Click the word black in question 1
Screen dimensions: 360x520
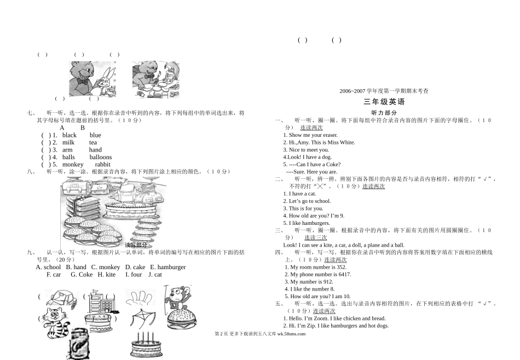tap(70, 135)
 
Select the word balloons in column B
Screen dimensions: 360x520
tap(101, 157)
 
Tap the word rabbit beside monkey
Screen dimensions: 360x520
tap(102, 164)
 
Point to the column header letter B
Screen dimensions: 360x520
tap(83, 127)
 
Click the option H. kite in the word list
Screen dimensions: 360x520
tap(107, 275)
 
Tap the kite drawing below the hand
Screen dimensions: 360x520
tap(143, 320)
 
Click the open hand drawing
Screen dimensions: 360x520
tap(141, 298)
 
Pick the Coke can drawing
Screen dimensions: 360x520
tap(78, 344)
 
